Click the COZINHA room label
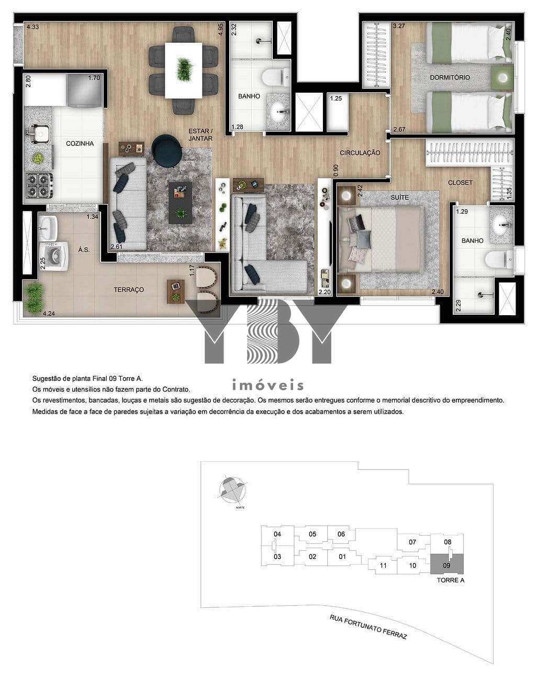tap(80, 143)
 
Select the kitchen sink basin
tap(39, 134)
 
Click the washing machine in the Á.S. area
tap(53, 257)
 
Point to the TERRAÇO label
tap(129, 290)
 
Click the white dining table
tap(184, 70)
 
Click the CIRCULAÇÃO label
tap(360, 153)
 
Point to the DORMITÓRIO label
tap(450, 77)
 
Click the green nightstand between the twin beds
tap(502, 77)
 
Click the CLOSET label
tap(460, 183)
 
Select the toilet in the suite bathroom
tap(499, 259)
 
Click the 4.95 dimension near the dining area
tap(220, 29)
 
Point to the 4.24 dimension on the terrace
tap(49, 314)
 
